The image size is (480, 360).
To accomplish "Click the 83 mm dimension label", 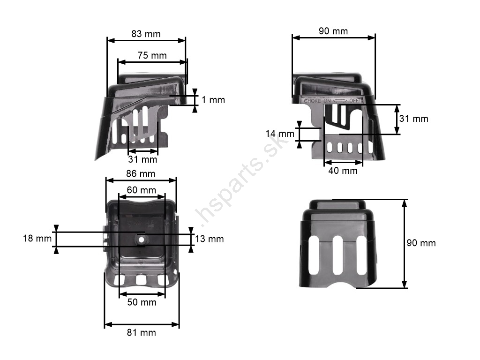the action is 146,34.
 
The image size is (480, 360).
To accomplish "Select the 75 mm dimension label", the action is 152,55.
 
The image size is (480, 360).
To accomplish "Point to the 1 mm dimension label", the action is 213,100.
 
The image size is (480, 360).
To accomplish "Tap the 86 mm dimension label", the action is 141,173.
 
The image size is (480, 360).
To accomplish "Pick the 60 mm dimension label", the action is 142,190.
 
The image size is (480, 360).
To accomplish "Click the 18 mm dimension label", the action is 37,238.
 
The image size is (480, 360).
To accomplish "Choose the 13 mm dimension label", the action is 210,239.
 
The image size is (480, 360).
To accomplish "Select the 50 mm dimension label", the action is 142,302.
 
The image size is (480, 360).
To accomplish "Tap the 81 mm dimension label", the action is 142,332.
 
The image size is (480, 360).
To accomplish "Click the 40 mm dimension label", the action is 343,171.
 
